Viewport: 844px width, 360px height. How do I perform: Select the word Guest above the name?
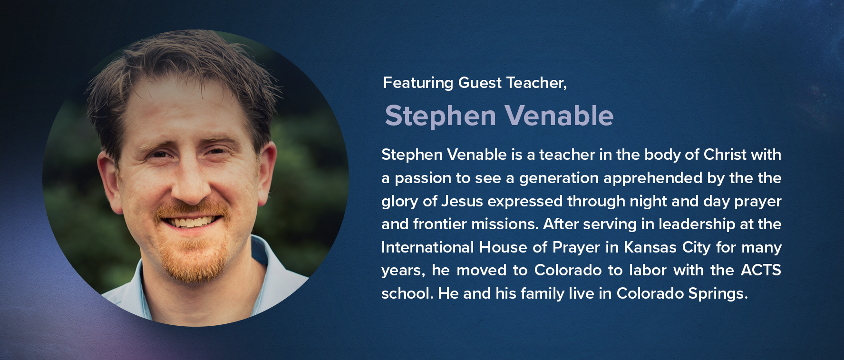[480, 83]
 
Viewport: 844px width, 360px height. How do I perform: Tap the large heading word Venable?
[559, 116]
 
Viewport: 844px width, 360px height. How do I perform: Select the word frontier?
[438, 224]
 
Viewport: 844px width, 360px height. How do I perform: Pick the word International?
[427, 247]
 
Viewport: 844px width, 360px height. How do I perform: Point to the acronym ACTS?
[761, 270]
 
